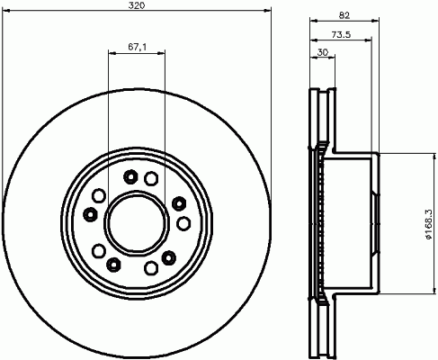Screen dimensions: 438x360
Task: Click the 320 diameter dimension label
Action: (137, 5)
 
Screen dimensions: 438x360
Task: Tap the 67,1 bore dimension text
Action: (137, 47)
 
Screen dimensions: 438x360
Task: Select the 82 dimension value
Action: (344, 15)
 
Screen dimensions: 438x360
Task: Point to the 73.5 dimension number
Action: (341, 34)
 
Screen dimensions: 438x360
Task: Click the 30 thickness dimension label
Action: (323, 52)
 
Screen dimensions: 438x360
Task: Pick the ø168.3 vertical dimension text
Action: (428, 224)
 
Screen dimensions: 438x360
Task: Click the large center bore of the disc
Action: (137, 223)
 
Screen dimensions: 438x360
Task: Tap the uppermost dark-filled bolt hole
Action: (130, 177)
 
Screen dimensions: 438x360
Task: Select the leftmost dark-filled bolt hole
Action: (90, 214)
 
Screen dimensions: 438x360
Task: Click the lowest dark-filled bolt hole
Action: (113, 265)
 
